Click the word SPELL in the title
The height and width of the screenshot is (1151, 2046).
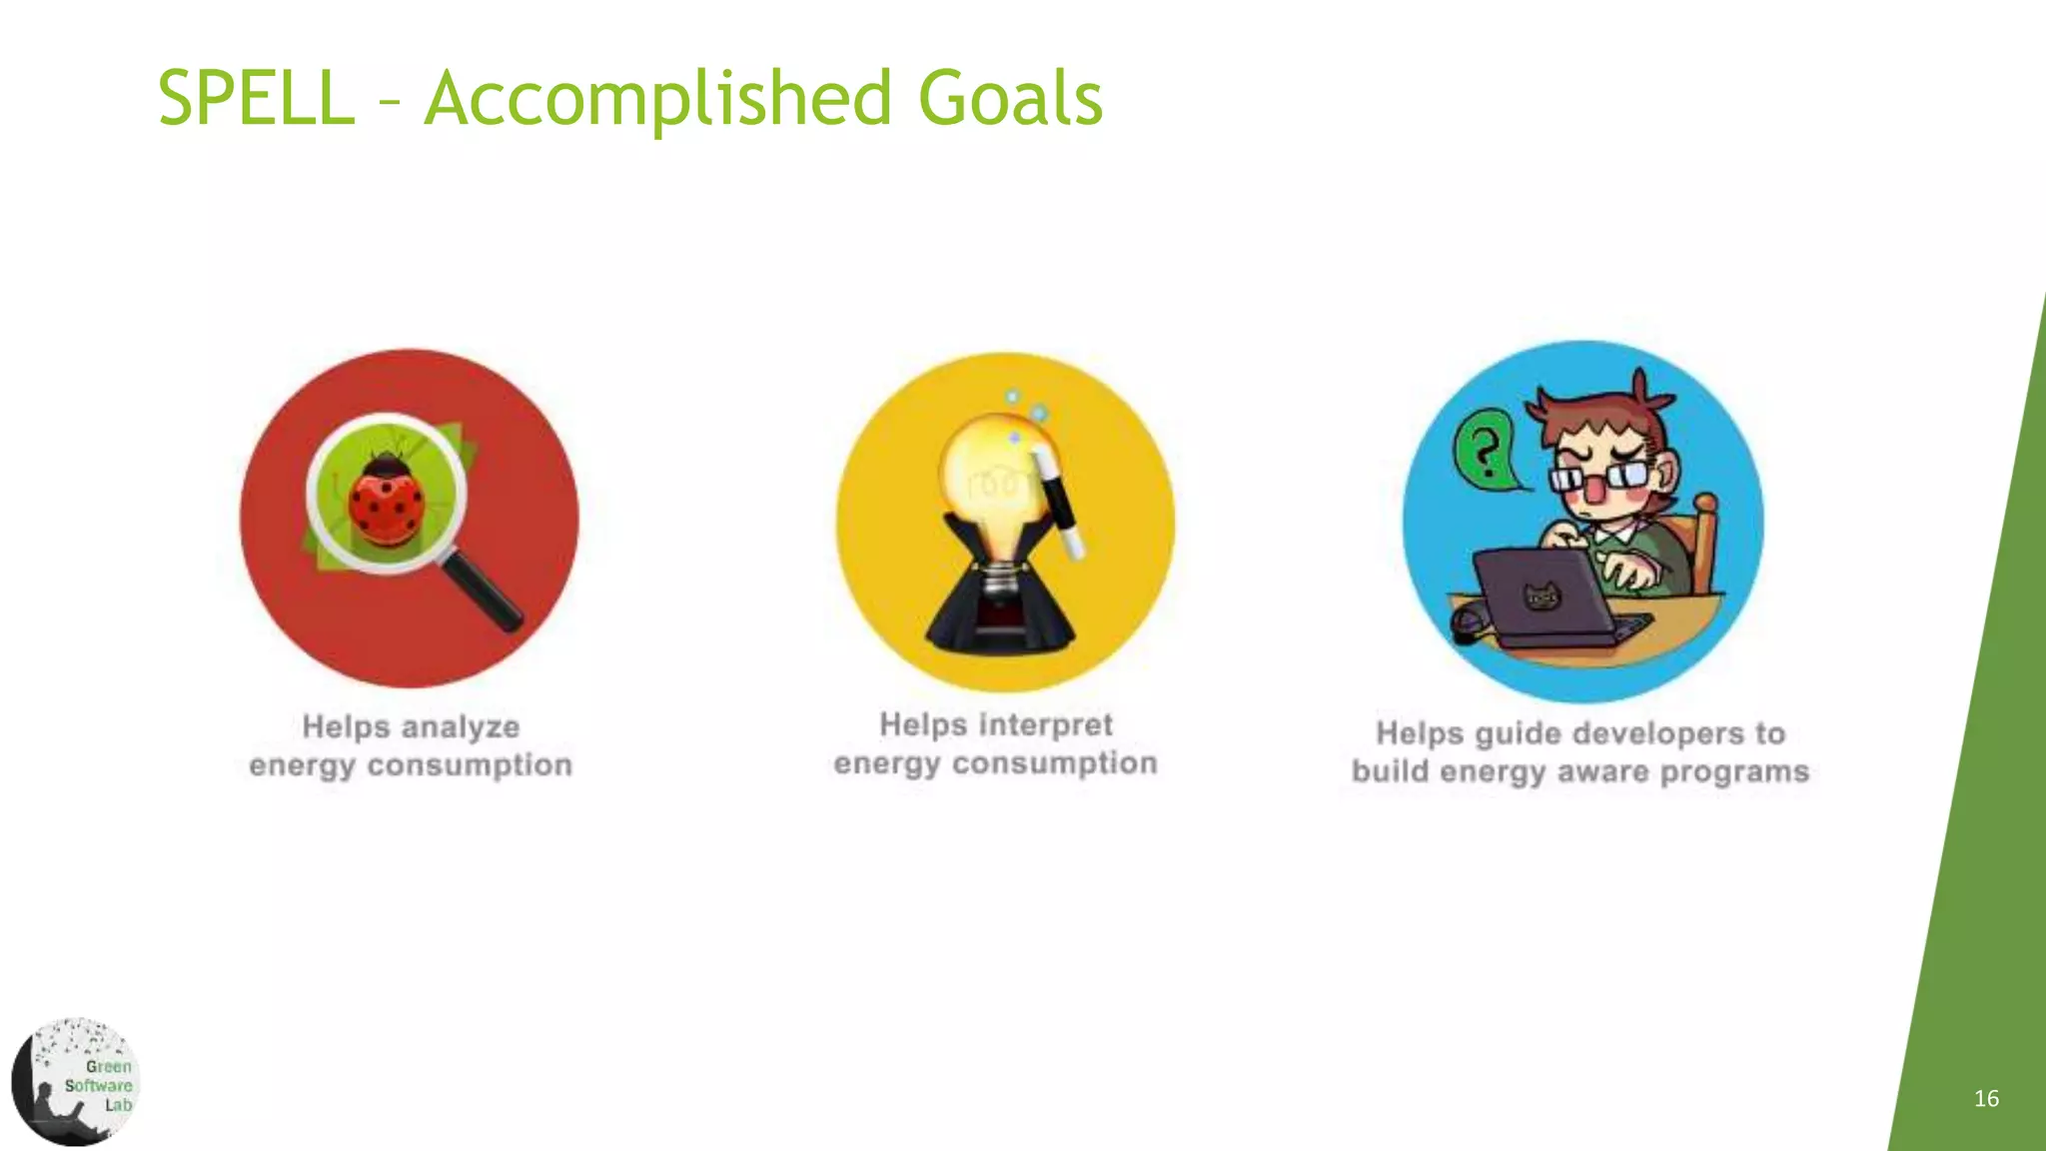click(x=256, y=98)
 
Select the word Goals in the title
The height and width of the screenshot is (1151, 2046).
click(x=1010, y=98)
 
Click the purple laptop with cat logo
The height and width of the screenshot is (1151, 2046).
click(x=1543, y=599)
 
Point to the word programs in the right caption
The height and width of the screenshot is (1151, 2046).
click(x=1734, y=772)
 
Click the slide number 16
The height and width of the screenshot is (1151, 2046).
click(x=1986, y=1099)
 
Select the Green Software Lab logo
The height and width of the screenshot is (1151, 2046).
click(x=76, y=1082)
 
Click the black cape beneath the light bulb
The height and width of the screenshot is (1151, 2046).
click(x=1000, y=599)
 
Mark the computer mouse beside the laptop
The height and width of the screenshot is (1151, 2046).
click(x=1468, y=625)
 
